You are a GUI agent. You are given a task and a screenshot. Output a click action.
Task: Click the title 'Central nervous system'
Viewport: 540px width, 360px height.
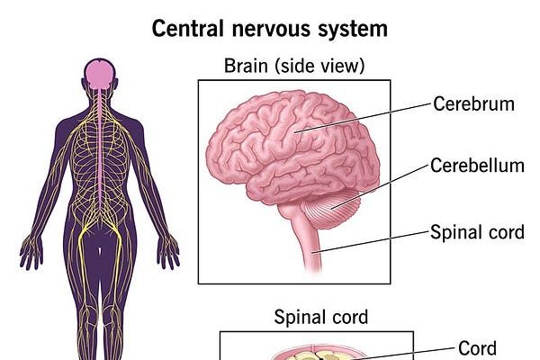270,28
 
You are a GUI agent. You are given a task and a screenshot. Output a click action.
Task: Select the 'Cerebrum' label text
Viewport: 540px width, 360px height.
473,103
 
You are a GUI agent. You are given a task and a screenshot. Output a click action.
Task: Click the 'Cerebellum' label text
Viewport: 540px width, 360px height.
477,166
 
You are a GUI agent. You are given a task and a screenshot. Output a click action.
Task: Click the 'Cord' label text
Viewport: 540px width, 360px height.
477,347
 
